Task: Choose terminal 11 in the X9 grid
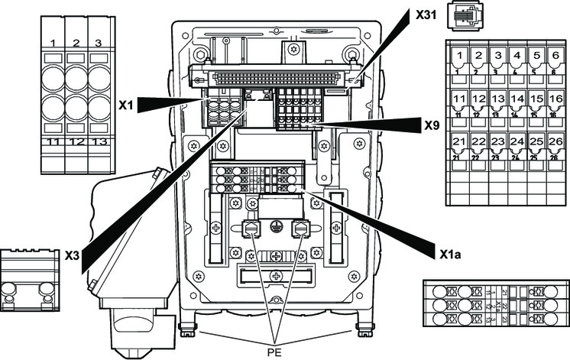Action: (x=459, y=99)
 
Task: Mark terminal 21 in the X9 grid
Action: (x=459, y=142)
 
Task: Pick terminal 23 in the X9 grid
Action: (x=497, y=142)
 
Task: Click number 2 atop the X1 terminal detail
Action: (x=76, y=42)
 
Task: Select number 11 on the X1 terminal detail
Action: (x=54, y=142)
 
